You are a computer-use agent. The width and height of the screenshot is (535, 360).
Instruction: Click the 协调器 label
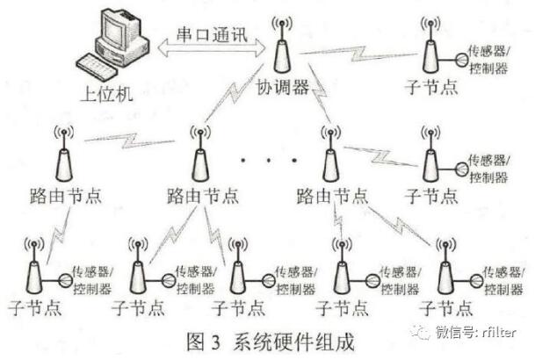pos(282,90)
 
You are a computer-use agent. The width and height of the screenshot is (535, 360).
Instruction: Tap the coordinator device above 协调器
pos(281,54)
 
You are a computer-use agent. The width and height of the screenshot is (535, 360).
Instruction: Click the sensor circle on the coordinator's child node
pos(459,61)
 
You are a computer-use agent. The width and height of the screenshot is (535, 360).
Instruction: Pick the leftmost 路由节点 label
pos(62,195)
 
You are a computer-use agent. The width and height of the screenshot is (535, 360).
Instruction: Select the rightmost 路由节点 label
pos(331,195)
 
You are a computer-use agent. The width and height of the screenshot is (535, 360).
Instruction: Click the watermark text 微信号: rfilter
pos(478,332)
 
